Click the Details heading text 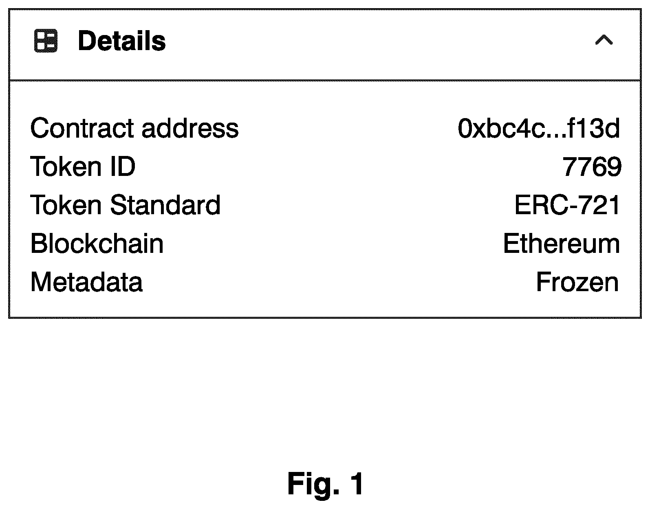click(122, 41)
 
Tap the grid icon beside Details click(46, 41)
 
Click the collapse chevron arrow click(604, 39)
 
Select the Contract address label click(134, 128)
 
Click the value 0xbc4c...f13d click(539, 128)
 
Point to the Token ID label click(83, 167)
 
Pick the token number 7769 click(592, 167)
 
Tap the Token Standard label click(126, 205)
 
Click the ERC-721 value click(567, 205)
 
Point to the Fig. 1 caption click(326, 485)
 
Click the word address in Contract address click(190, 128)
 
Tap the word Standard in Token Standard click(165, 205)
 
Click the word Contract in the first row click(82, 128)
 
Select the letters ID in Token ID click(123, 167)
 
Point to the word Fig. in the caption click(313, 485)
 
